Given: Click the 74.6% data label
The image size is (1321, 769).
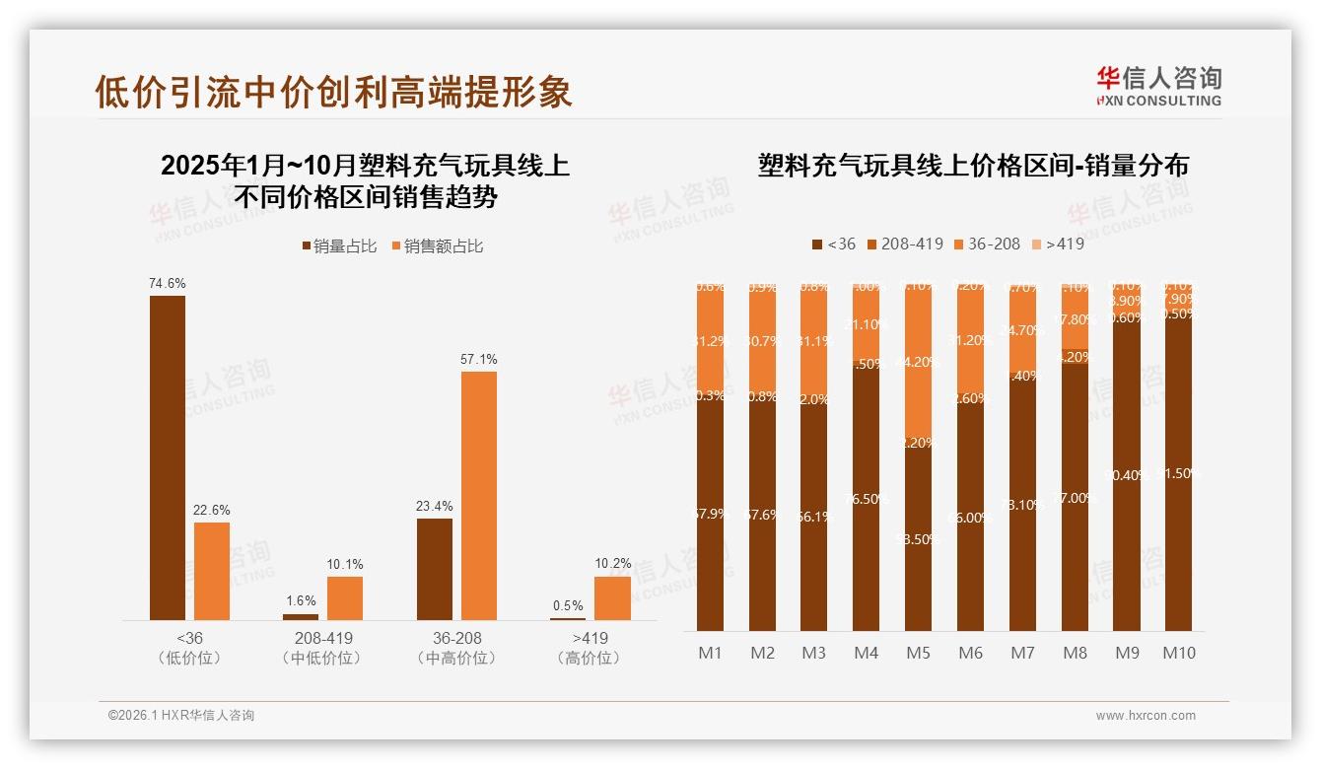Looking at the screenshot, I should pos(168,283).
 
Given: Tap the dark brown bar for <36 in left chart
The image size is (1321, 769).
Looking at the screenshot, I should pos(168,457).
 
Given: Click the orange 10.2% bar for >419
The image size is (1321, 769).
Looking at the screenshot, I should pos(612,597).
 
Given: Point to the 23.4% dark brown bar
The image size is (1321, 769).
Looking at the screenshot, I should pos(435,569).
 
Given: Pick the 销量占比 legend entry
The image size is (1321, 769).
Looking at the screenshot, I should pos(339,246).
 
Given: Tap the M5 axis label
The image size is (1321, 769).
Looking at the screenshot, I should pos(919,653).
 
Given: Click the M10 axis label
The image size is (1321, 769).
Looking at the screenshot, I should pos(1178,653).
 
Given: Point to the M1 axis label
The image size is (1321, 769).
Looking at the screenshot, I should pos(710,653).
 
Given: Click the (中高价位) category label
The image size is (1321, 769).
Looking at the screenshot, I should pos(456,659).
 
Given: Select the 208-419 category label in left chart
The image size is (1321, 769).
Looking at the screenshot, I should pos(323,638).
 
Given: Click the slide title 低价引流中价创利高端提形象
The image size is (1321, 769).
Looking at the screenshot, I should pos(333,92).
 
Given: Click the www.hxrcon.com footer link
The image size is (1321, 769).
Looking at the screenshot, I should pos(1146,716).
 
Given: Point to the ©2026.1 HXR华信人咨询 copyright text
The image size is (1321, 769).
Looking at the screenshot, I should pos(181,716).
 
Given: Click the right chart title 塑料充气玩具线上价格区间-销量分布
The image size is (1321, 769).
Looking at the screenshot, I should pos(973,166).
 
